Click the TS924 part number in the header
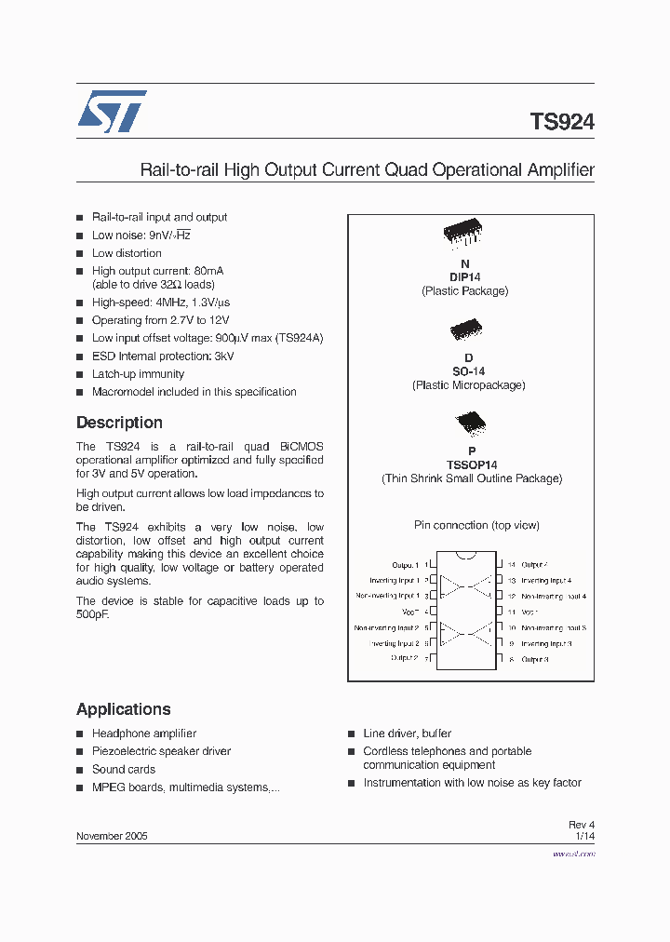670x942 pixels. pos(562,122)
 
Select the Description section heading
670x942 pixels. pos(119,423)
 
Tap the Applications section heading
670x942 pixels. pos(124,709)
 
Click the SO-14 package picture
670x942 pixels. pos(465,330)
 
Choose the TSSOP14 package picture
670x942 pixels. pos(465,424)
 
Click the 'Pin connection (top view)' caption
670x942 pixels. pos(476,525)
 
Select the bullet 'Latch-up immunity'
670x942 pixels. pos(138,374)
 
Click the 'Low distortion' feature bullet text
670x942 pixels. pos(127,253)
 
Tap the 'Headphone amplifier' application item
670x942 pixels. pos(144,733)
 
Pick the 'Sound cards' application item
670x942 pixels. pos(124,770)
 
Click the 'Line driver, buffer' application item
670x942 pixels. pos(408,733)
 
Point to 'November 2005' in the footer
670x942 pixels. pos(112,836)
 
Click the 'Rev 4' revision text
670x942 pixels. pos(582,825)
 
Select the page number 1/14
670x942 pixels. pos(584,836)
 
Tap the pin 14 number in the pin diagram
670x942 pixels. pos(512,565)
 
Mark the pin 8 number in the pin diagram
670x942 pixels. pos(512,660)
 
